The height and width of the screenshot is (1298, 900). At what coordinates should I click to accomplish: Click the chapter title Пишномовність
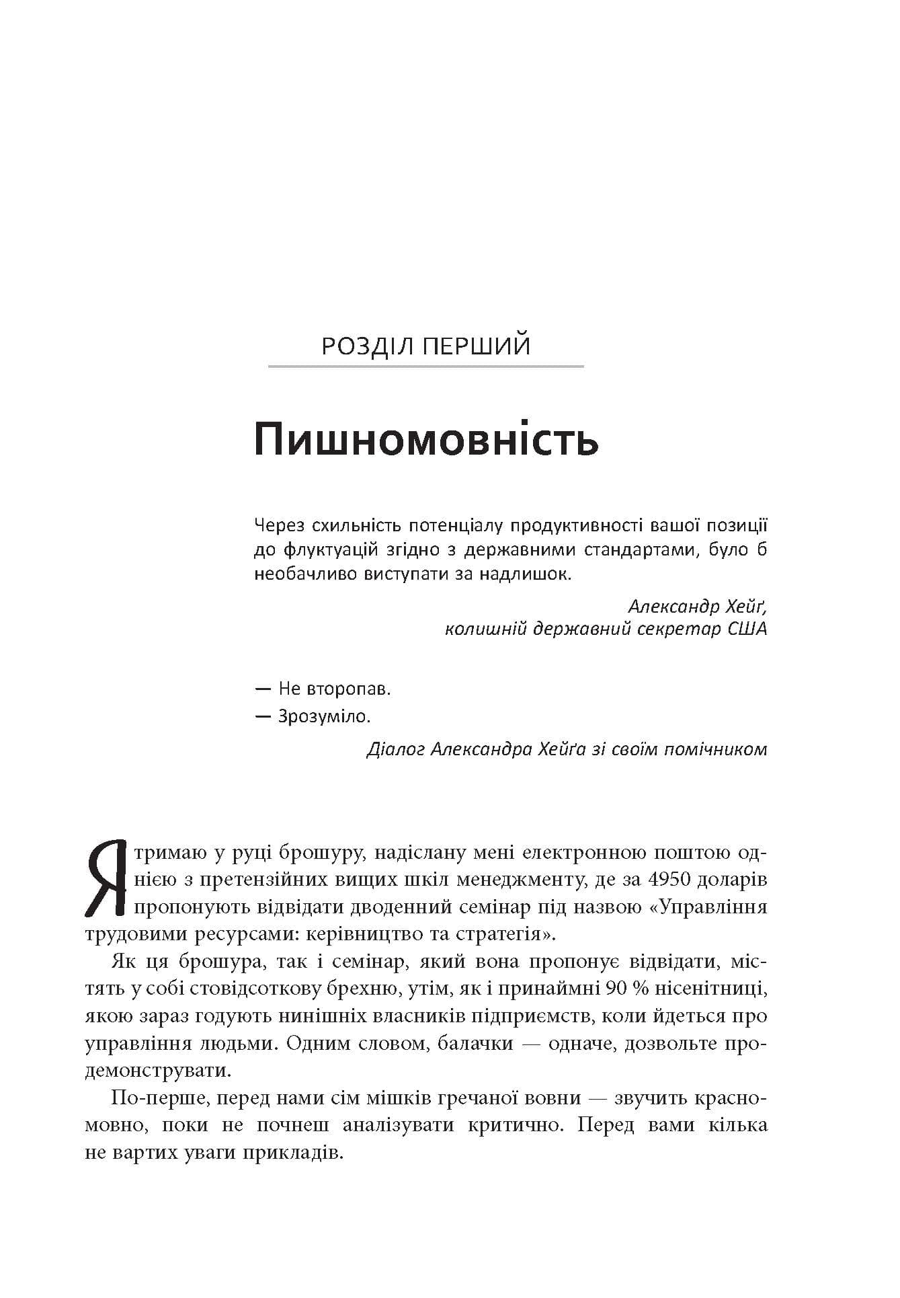pos(426,441)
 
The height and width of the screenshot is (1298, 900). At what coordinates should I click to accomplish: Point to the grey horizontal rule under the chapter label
pos(425,367)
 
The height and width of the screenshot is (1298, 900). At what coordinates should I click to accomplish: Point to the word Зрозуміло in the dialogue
pos(324,717)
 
